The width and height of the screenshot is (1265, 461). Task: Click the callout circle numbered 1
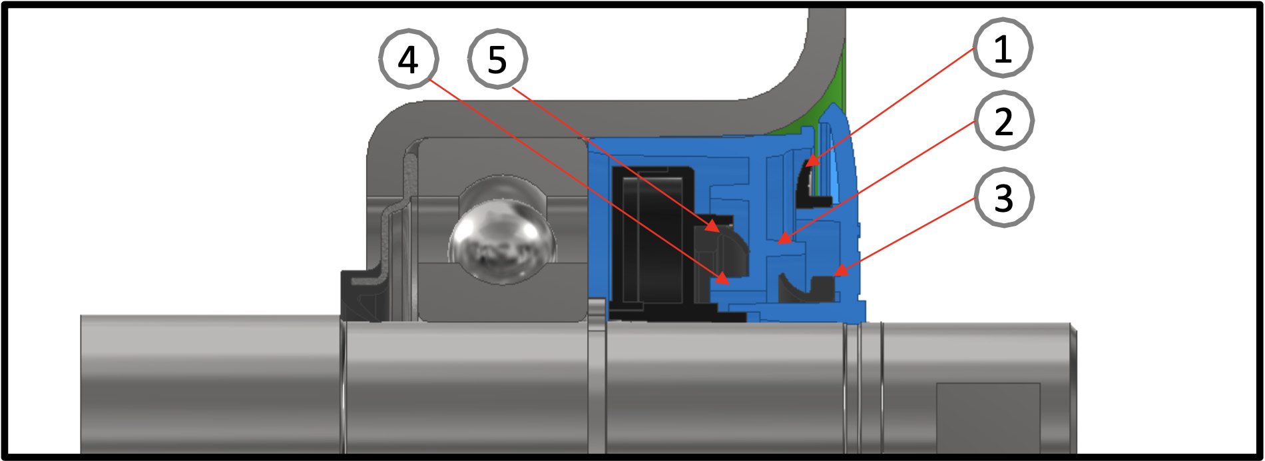[1003, 48]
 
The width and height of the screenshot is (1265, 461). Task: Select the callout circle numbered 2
[1003, 121]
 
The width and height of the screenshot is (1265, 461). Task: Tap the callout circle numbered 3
[1003, 197]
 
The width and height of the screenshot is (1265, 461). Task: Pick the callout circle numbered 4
[408, 59]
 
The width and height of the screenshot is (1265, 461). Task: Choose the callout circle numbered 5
[497, 59]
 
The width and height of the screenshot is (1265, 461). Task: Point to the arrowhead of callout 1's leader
[812, 160]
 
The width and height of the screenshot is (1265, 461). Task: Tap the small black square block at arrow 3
[824, 288]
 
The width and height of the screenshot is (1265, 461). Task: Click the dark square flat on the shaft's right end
[988, 418]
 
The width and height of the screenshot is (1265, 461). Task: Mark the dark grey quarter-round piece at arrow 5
[722, 250]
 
